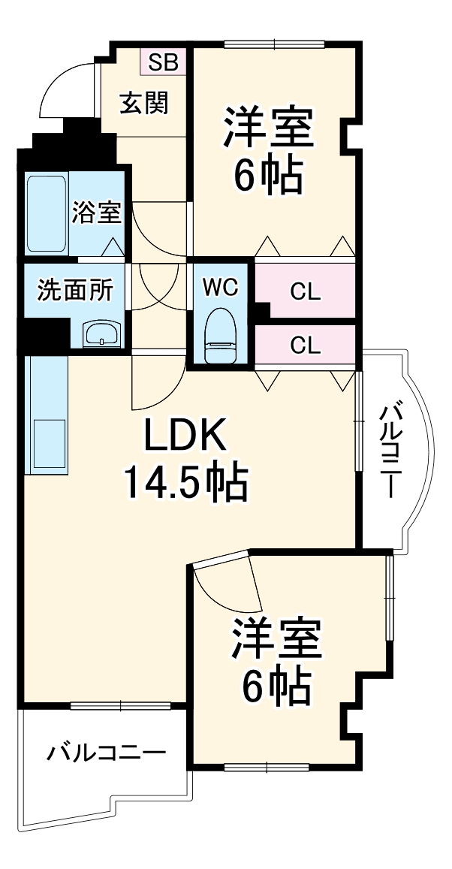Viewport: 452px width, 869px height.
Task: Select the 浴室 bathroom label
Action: [x=97, y=213]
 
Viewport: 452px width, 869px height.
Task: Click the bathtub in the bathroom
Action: [x=47, y=214]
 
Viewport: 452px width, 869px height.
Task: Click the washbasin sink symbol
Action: [x=100, y=333]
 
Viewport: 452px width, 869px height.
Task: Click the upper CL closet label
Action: [x=306, y=291]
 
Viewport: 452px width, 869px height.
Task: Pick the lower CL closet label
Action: [x=306, y=345]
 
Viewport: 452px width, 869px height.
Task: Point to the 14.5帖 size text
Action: [x=185, y=484]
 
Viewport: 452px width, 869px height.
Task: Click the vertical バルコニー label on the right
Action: [x=390, y=451]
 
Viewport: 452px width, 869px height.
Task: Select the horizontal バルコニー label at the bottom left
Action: [x=107, y=753]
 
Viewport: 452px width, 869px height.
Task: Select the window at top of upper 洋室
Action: [x=273, y=44]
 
